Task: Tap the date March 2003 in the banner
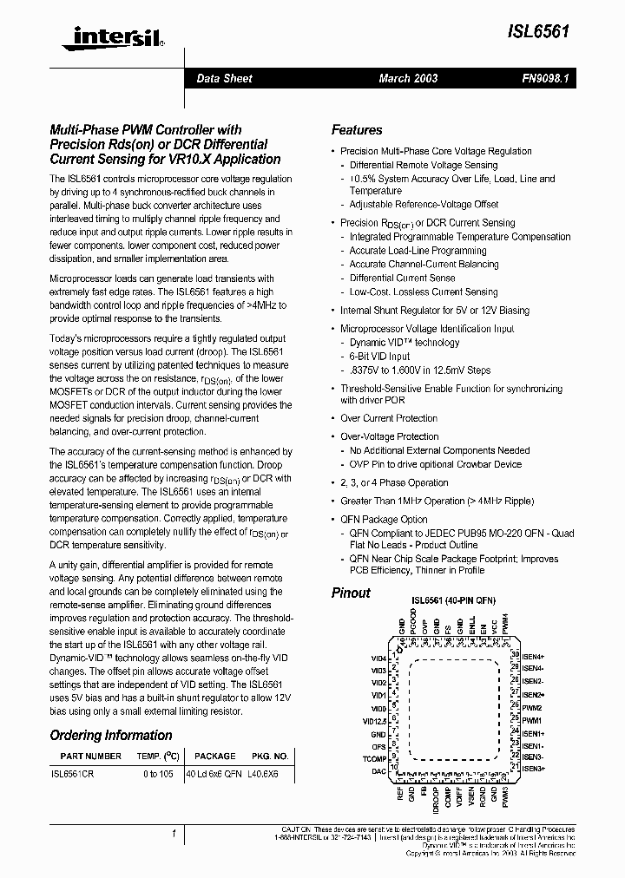click(x=408, y=78)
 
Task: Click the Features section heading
click(x=357, y=130)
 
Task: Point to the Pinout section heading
click(x=351, y=593)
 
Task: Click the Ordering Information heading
click(x=111, y=736)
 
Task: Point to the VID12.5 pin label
click(x=374, y=719)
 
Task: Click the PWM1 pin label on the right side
click(x=531, y=720)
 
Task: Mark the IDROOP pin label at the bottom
click(x=436, y=797)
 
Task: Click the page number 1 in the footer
click(x=174, y=834)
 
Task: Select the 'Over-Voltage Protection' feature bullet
click(x=390, y=436)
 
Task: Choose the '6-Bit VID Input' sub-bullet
click(x=379, y=357)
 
